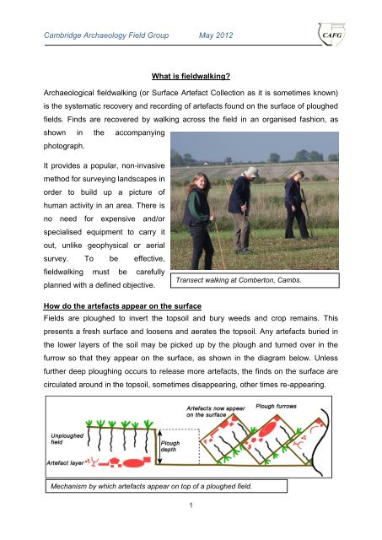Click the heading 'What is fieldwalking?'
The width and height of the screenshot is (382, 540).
(190, 73)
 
